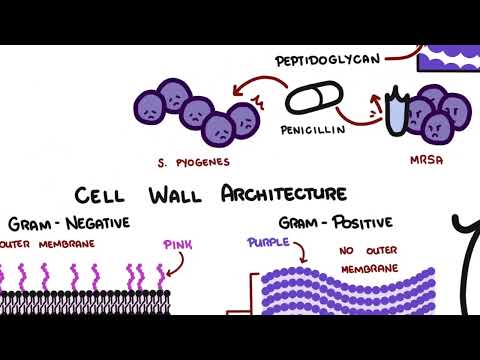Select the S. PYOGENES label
click(x=187, y=162)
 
